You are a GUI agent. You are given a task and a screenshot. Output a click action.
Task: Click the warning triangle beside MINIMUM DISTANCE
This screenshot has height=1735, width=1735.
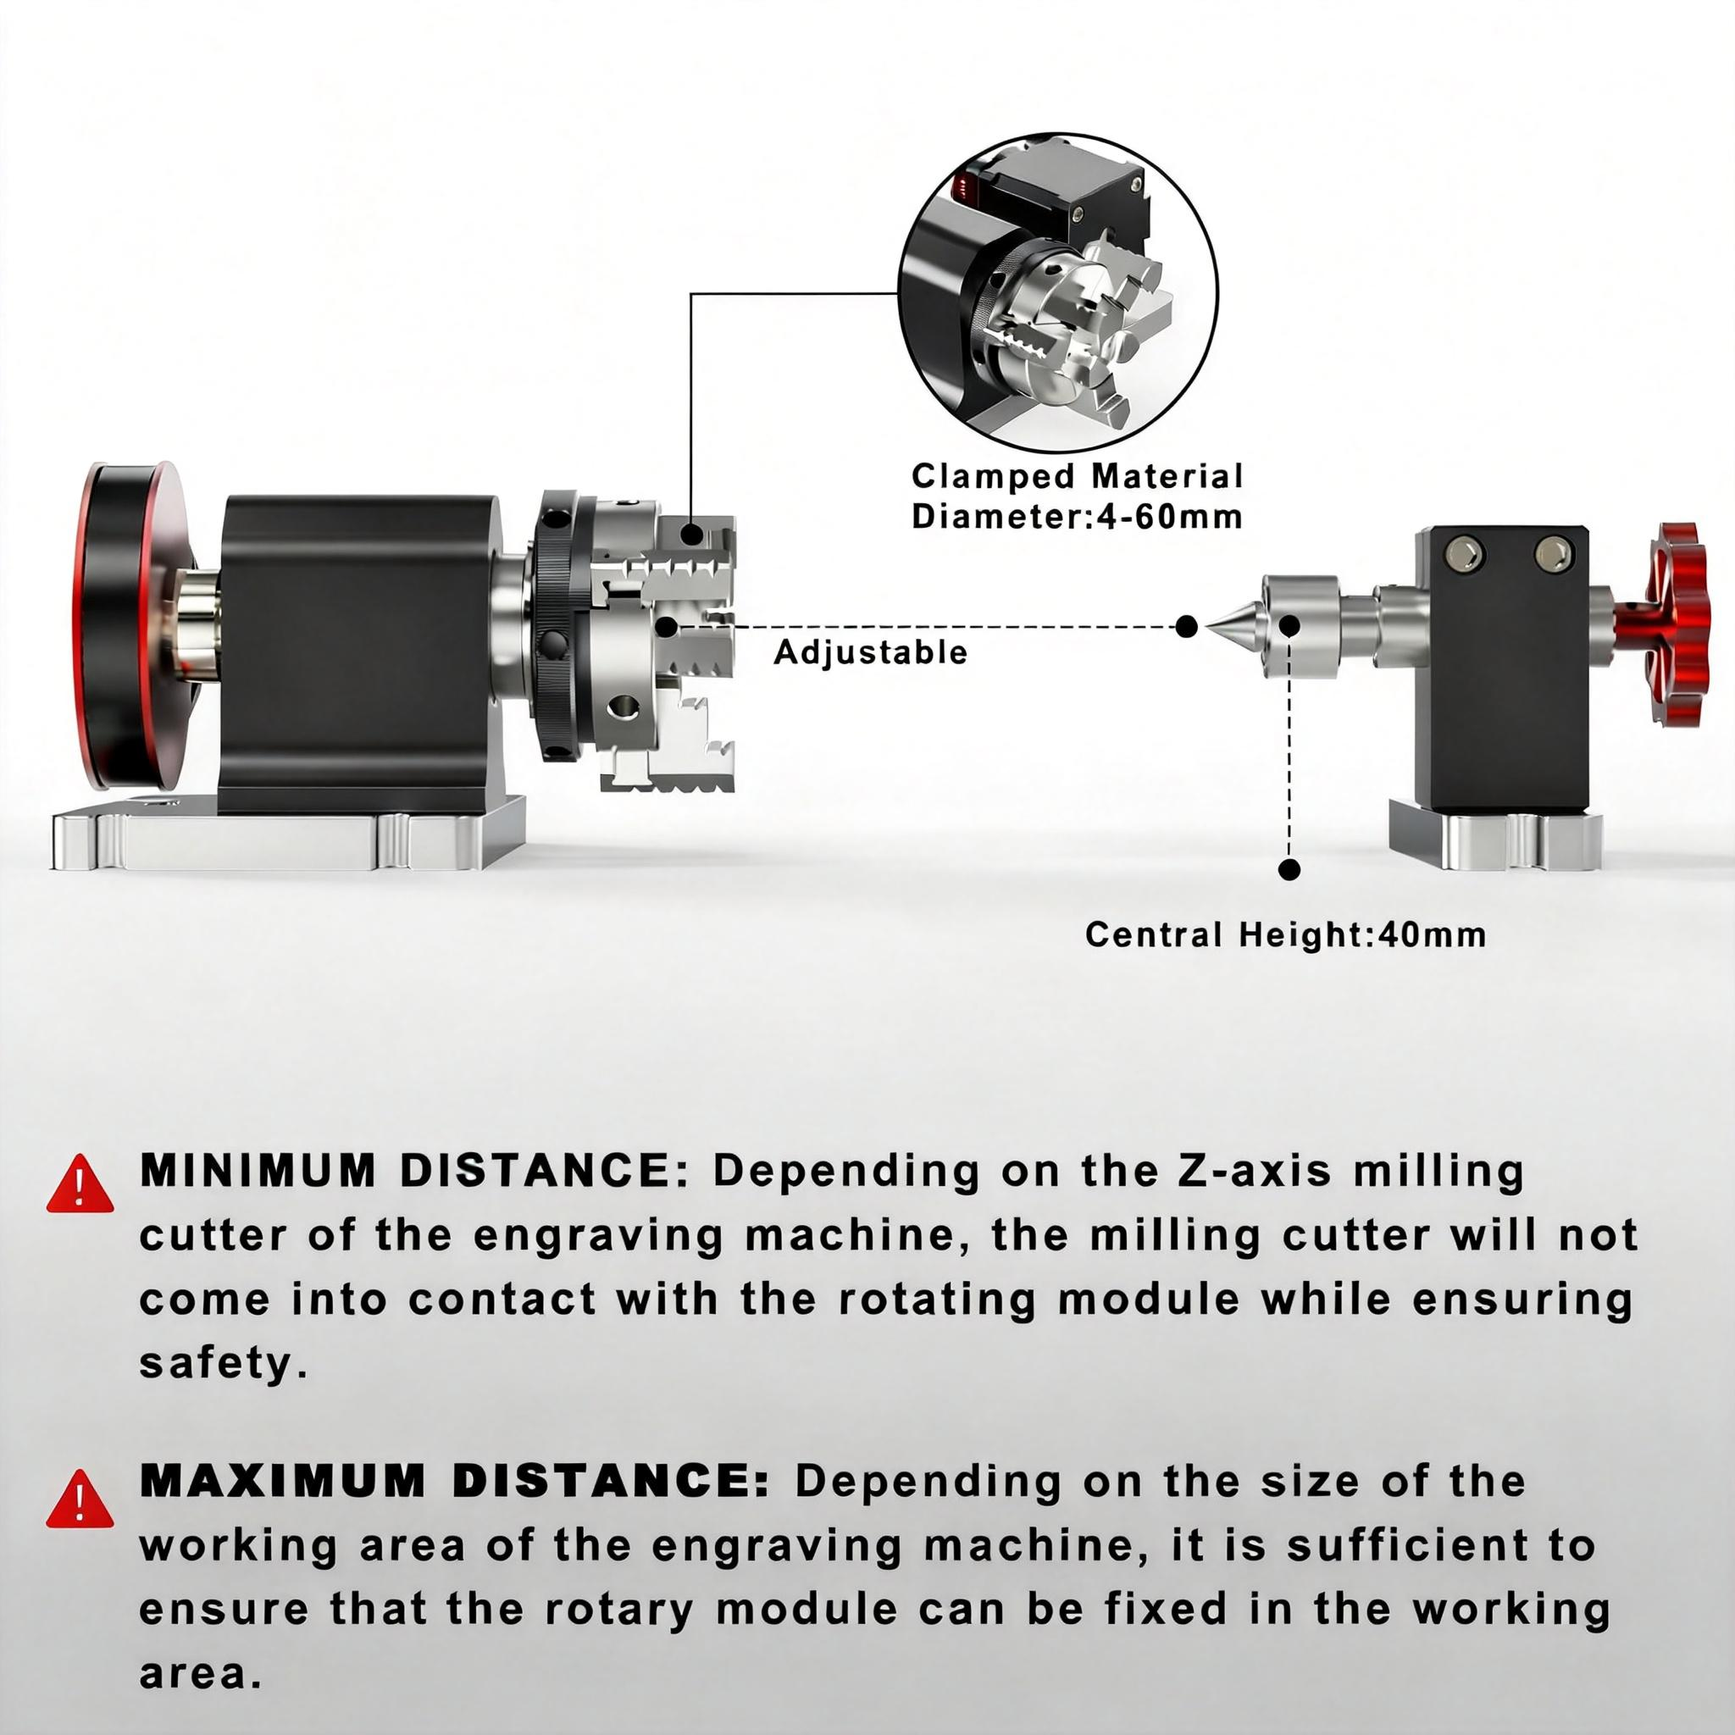tap(80, 1183)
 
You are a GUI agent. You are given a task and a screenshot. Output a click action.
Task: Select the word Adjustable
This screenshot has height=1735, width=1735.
tap(870, 653)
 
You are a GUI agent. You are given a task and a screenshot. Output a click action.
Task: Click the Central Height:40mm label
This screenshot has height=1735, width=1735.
tap(1286, 935)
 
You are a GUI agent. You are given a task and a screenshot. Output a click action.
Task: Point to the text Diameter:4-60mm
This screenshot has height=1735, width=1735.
tap(1078, 517)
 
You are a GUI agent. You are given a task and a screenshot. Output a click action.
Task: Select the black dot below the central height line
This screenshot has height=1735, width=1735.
tap(1289, 868)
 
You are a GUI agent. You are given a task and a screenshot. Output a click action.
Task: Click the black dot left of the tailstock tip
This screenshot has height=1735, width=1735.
tap(1186, 627)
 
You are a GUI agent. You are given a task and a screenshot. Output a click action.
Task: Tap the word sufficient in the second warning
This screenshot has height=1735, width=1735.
tap(1426, 1544)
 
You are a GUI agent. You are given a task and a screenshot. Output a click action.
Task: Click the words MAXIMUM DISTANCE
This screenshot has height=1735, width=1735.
tap(454, 1482)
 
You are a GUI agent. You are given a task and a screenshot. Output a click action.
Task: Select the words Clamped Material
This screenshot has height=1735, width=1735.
tap(1078, 476)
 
